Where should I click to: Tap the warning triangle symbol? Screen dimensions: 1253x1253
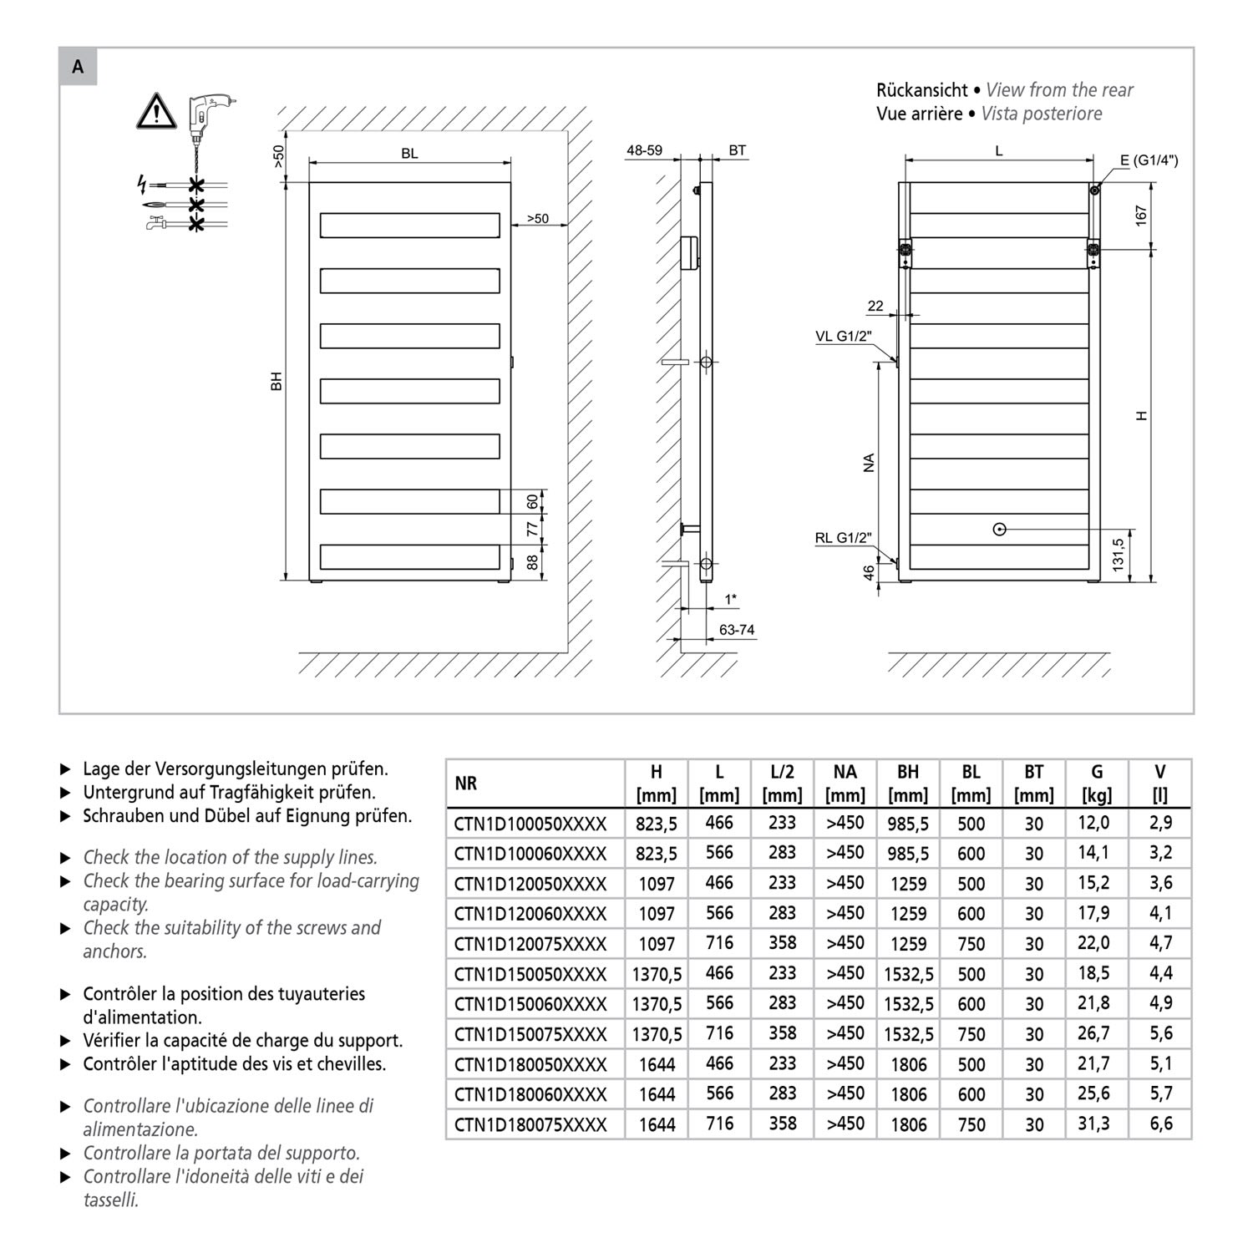point(156,111)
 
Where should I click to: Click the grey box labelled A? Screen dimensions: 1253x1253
point(78,67)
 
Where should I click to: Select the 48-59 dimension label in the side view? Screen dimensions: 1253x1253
point(644,151)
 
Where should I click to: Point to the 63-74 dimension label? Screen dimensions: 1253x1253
point(737,630)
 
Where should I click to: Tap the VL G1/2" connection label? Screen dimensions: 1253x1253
point(843,337)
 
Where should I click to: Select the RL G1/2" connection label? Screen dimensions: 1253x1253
point(843,539)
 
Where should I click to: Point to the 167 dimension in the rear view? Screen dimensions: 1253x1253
point(1141,215)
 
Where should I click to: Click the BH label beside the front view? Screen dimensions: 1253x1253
point(277,381)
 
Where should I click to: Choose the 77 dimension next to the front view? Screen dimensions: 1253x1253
point(532,529)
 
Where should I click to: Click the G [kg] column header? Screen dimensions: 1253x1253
point(1097,784)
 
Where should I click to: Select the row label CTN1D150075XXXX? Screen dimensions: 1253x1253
point(530,1034)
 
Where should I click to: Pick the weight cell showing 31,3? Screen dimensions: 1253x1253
point(1093,1124)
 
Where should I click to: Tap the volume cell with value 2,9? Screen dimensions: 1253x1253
point(1160,823)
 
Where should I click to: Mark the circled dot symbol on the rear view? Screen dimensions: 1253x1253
point(1000,529)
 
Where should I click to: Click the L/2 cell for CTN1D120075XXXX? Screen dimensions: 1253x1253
point(782,944)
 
